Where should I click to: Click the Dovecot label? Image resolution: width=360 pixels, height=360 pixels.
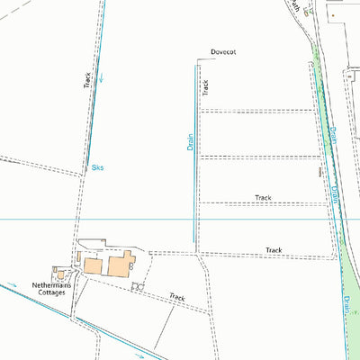click(222, 54)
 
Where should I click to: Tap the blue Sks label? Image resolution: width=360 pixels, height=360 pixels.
click(97, 167)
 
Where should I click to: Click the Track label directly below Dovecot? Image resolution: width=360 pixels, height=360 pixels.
click(205, 87)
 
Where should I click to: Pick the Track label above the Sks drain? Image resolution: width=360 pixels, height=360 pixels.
click(87, 79)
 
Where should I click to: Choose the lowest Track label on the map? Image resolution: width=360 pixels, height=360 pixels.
click(176, 296)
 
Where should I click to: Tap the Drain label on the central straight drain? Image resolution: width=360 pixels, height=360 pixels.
click(191, 141)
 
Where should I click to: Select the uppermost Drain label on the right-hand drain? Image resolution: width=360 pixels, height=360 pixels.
click(330, 135)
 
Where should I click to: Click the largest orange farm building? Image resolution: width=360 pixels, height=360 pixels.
click(121, 265)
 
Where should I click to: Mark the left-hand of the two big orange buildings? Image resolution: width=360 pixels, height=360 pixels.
click(94, 266)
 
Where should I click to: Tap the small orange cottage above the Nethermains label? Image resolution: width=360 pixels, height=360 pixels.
click(60, 273)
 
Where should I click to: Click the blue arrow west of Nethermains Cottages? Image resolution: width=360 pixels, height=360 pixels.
click(13, 287)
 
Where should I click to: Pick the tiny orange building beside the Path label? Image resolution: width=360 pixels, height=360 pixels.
click(330, 15)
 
